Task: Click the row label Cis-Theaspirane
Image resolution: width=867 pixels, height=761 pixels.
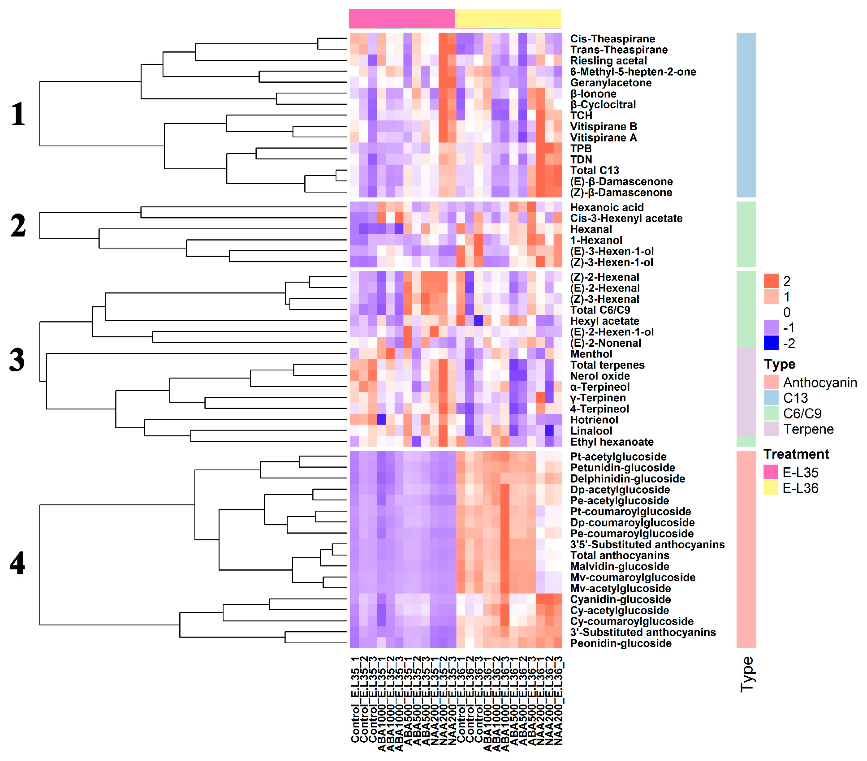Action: pos(612,39)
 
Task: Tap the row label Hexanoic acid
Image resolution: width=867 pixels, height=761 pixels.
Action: pos(607,207)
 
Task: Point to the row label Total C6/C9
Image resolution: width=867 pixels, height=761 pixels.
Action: pos(600,310)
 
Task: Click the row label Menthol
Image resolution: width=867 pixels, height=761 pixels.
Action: pos(591,354)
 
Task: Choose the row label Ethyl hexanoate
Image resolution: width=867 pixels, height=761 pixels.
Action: pos(612,442)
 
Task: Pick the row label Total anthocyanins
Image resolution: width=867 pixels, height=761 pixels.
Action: pos(619,556)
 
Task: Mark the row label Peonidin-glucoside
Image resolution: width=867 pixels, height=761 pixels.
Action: pos(621,644)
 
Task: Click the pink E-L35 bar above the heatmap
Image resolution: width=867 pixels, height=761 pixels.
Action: pos(402,18)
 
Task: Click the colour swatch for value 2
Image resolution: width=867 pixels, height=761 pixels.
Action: pos(771,281)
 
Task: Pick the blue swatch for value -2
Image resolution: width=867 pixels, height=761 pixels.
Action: pos(771,343)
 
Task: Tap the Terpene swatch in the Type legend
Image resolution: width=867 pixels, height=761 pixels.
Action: pos(771,429)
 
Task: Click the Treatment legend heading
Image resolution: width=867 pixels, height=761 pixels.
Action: pos(796,454)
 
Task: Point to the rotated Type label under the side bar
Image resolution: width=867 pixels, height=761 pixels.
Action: pos(746,674)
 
